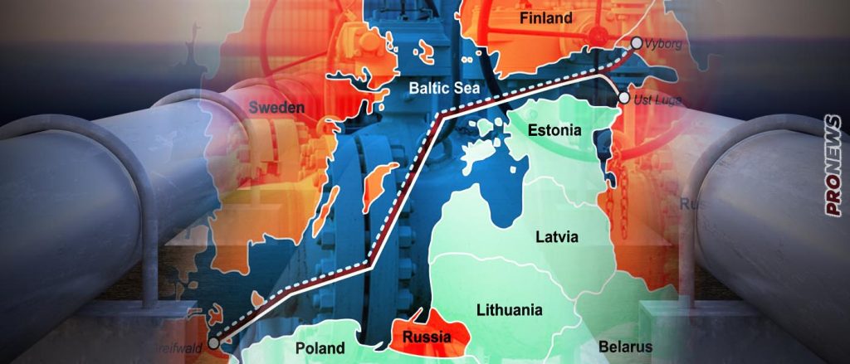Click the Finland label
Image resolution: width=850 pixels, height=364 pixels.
[x=545, y=17]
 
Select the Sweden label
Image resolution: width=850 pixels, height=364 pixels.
[x=276, y=108]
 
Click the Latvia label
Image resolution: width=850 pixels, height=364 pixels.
[x=558, y=236]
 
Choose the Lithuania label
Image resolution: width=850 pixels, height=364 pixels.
[x=509, y=310]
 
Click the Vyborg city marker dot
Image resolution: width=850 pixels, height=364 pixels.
[x=636, y=43]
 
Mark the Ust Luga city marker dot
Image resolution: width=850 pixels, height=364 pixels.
[x=623, y=99]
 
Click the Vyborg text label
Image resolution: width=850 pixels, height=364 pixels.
[x=665, y=44]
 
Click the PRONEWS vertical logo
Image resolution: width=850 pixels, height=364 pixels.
[x=833, y=166]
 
